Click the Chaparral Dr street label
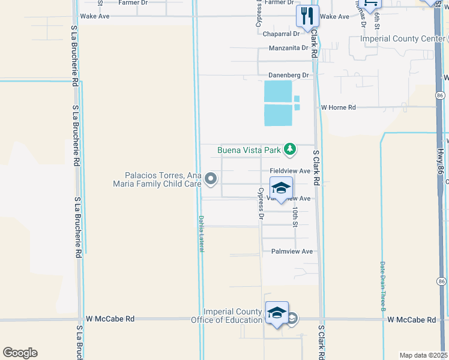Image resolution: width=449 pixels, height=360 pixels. [x=285, y=34]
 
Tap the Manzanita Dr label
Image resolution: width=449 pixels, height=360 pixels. [x=289, y=48]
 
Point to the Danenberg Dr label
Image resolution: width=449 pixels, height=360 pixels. [x=288, y=76]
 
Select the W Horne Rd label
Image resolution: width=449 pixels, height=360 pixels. [x=339, y=107]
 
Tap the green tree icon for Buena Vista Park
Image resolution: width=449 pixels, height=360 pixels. [x=291, y=148]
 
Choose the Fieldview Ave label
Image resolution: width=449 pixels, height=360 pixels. [x=290, y=171]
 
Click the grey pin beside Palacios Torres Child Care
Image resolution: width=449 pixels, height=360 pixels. [x=211, y=178]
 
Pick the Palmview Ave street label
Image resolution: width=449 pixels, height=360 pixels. [x=292, y=251]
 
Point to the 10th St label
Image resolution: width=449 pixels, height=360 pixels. [x=295, y=217]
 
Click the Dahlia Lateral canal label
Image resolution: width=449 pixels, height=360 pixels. [x=202, y=233]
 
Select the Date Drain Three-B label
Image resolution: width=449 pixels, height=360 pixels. [x=382, y=286]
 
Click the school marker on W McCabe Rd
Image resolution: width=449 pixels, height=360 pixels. [x=277, y=313]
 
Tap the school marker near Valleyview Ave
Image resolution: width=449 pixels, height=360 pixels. [x=281, y=188]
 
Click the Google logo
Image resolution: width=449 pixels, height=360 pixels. [x=20, y=353]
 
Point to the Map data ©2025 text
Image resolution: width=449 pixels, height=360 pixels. [x=423, y=355]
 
